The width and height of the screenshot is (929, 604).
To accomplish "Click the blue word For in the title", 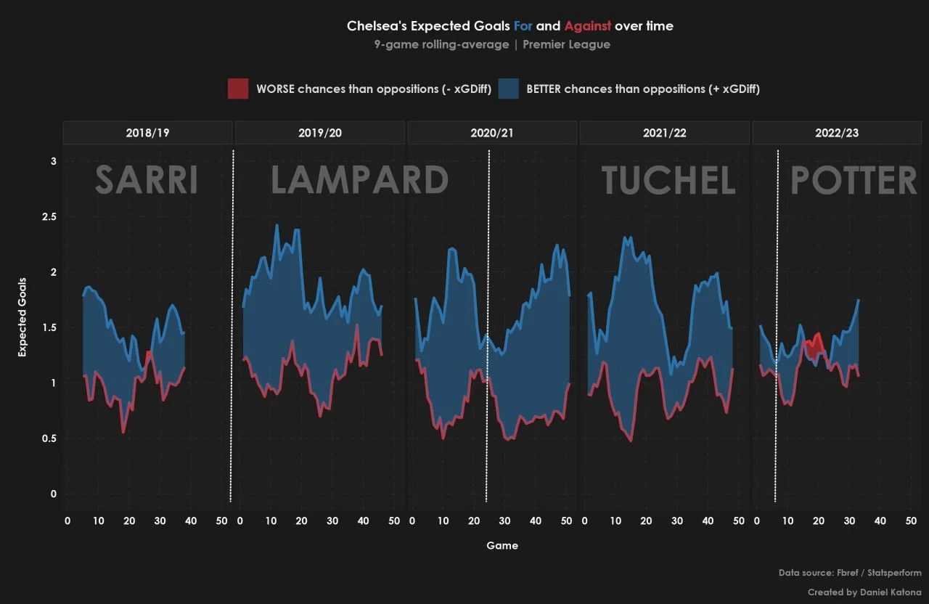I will pyautogui.click(x=523, y=26).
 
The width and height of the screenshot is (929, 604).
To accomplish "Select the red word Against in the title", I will pyautogui.click(x=587, y=26).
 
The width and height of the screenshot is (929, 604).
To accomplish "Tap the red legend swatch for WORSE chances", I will pyautogui.click(x=238, y=89).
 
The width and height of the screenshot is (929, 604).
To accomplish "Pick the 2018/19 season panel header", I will pyautogui.click(x=147, y=134).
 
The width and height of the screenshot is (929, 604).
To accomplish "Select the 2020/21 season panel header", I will pyautogui.click(x=492, y=134).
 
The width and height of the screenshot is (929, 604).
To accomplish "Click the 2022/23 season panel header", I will pyautogui.click(x=837, y=134).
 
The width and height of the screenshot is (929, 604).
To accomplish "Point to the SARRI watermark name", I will pyautogui.click(x=147, y=180).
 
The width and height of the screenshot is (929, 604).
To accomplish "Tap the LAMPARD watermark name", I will pyautogui.click(x=359, y=180).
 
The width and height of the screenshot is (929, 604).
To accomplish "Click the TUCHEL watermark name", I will pyautogui.click(x=668, y=180).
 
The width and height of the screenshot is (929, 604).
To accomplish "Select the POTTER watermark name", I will pyautogui.click(x=854, y=180).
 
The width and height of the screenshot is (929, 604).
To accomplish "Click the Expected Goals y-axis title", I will pyautogui.click(x=22, y=317).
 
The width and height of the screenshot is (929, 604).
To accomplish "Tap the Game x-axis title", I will pyautogui.click(x=502, y=545).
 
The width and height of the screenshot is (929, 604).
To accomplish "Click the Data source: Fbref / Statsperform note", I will pyautogui.click(x=850, y=573).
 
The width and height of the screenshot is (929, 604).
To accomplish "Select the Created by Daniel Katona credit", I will pyautogui.click(x=864, y=592).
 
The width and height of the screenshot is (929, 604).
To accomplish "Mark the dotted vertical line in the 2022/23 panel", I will pyautogui.click(x=777, y=327).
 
